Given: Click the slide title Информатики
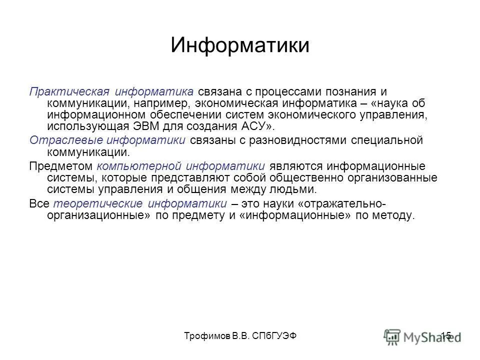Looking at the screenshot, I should click(x=239, y=44).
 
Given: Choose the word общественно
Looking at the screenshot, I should click(x=304, y=177).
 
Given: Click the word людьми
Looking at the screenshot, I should click(x=292, y=189).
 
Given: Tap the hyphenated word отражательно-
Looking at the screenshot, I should click(x=345, y=203).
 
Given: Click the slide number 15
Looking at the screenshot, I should click(x=446, y=335).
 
